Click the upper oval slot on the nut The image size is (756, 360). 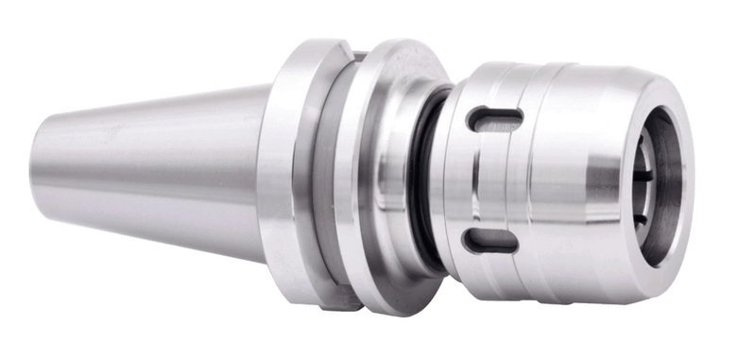pyautogui.click(x=495, y=117)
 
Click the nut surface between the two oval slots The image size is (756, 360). pyautogui.click(x=491, y=180)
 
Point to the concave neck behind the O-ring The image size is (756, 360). pyautogui.click(x=402, y=180)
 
